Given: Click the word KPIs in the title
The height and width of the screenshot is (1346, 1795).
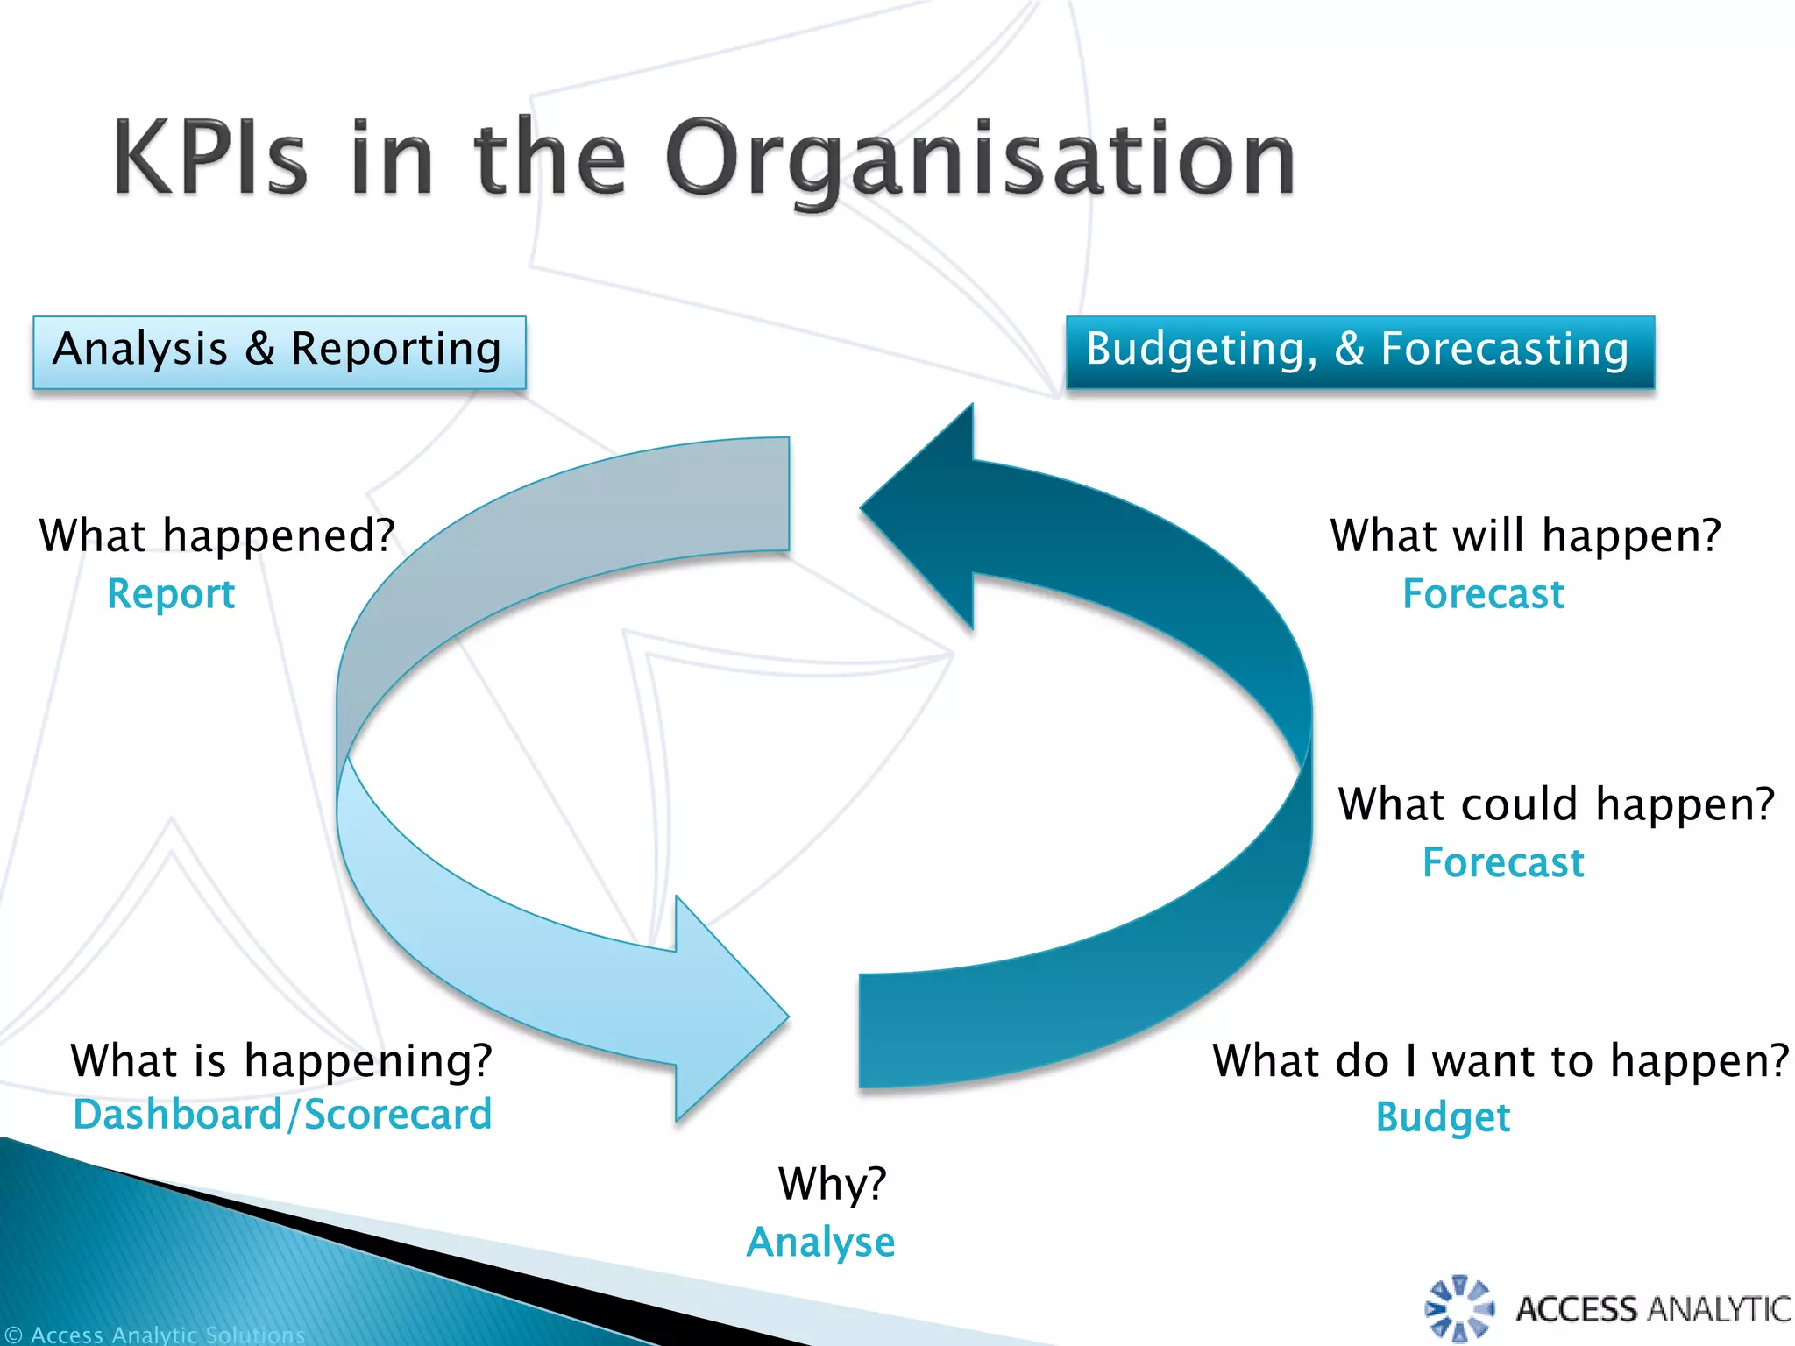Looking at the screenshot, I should (210, 158).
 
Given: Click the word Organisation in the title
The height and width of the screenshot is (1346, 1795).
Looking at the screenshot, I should (980, 159).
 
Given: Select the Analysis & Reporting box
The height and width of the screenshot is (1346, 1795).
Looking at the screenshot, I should (279, 351).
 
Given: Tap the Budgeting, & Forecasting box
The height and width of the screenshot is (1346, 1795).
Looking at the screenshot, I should (1359, 351).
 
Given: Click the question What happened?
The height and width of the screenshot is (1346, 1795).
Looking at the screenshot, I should (217, 535).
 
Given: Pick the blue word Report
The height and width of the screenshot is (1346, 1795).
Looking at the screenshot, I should (171, 593).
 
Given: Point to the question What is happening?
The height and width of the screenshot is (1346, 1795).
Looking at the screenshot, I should (281, 1059).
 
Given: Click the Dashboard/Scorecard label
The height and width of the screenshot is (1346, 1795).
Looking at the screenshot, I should (282, 1115).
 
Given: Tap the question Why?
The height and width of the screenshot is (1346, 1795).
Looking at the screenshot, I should (832, 1184).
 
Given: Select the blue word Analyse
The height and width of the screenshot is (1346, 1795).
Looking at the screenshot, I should (820, 1241).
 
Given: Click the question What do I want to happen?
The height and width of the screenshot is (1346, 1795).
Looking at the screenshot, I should (1500, 1060).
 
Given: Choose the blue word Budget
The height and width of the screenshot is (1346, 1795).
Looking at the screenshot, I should (1443, 1116).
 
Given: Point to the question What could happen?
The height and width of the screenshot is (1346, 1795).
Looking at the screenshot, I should (1556, 804).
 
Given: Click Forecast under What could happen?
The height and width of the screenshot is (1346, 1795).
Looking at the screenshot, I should (1503, 862).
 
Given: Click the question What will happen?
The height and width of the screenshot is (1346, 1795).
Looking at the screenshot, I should (1525, 535).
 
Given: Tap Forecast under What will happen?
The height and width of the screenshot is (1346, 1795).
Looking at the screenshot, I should (1483, 593).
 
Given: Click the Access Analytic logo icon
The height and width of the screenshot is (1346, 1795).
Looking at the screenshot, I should (1459, 1309).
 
